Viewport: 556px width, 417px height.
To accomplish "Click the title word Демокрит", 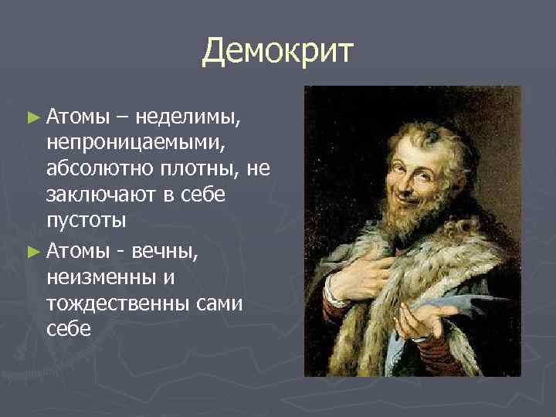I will point(278,51).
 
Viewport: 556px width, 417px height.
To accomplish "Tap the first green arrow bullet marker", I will point(32,118).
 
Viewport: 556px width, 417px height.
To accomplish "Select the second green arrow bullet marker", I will point(32,249).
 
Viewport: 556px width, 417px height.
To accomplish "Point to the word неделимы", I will point(188,117).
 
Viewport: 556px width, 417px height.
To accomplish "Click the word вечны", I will point(173,249).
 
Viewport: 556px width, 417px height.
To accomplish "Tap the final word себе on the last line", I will point(69,328).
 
